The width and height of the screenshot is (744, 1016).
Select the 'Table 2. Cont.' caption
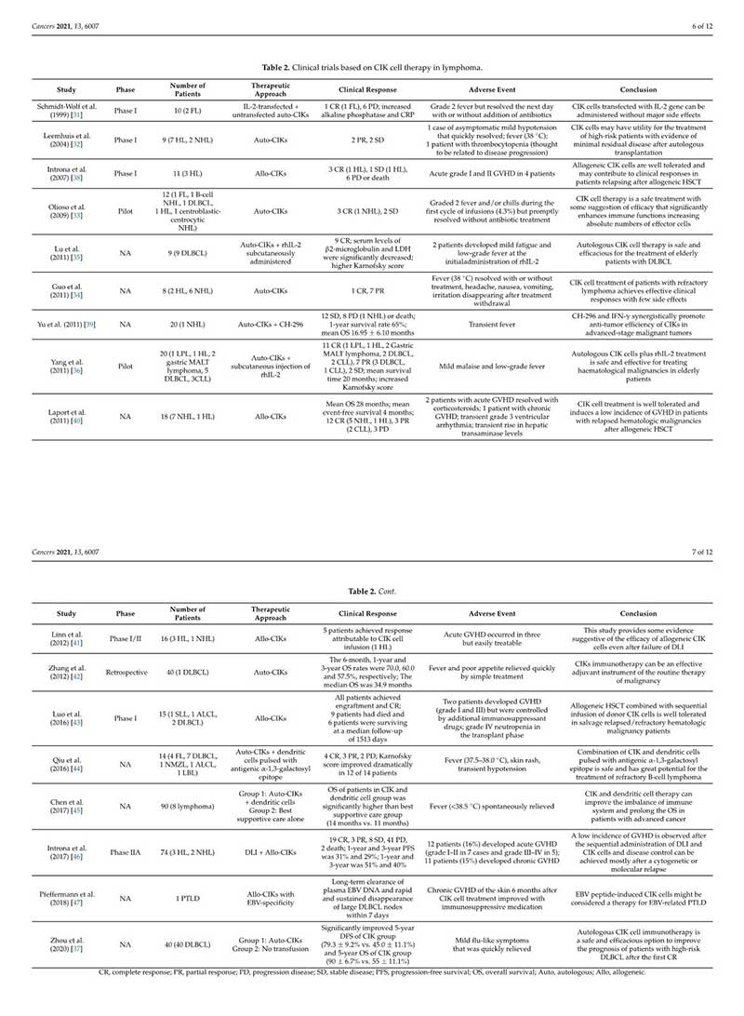373,591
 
